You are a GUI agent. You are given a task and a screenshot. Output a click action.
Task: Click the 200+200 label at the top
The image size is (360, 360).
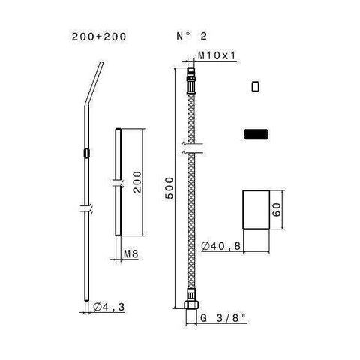99,37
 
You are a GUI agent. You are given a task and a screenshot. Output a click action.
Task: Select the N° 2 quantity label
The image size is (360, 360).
192,37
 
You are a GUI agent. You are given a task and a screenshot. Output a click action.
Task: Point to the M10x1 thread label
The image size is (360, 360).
217,55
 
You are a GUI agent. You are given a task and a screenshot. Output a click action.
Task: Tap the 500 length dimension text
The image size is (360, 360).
169,188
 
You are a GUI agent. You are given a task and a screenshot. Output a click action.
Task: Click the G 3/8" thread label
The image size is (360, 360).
223,318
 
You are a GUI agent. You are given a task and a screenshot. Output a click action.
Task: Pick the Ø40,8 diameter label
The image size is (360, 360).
220,246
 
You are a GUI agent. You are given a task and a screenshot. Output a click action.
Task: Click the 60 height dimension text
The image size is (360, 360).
277,209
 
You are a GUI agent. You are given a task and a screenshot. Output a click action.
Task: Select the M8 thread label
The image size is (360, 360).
131,254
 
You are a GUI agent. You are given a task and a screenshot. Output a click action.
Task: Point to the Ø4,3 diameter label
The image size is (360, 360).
109,307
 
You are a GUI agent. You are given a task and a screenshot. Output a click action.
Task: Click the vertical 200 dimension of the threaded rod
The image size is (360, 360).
137,181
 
